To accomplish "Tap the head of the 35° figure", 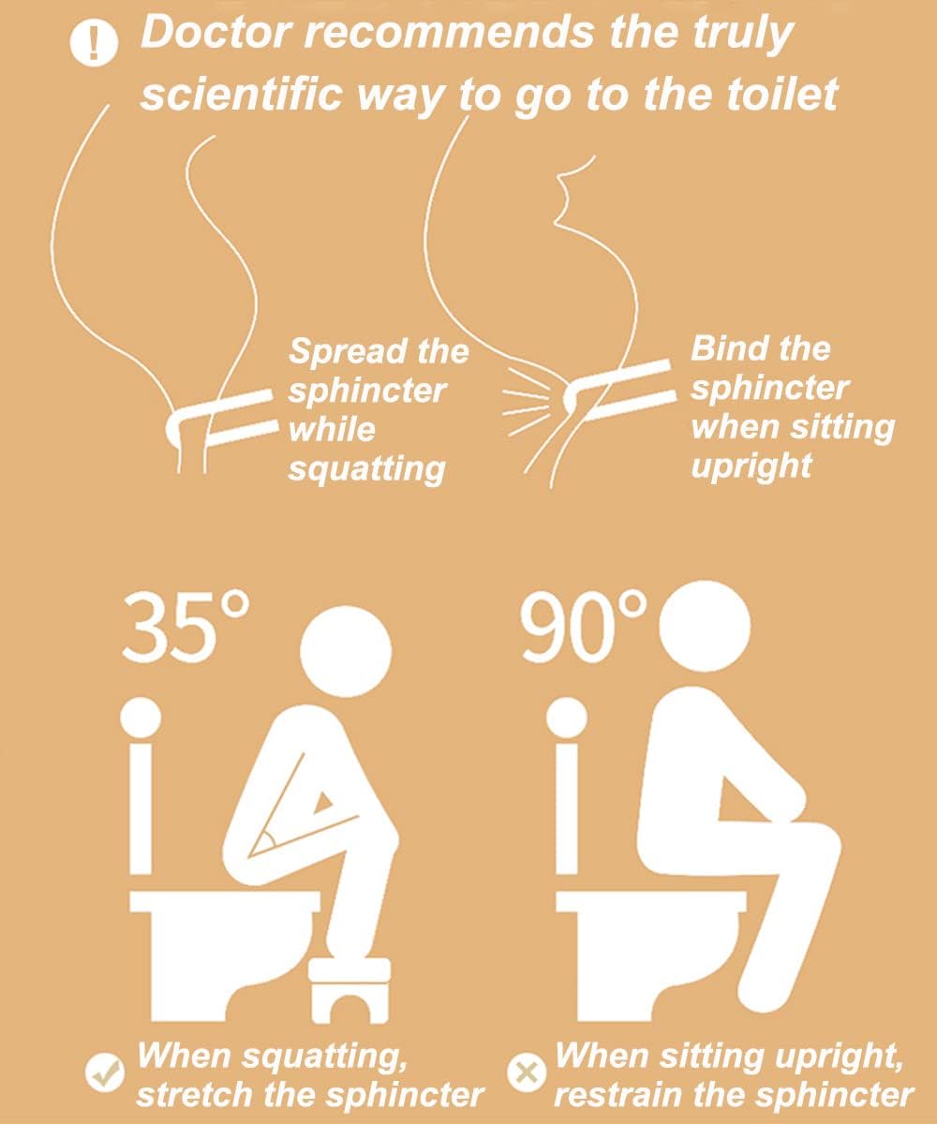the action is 346,652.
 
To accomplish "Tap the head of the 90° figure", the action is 705,626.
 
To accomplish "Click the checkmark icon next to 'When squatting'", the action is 104,1072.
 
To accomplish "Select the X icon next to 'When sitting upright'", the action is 528,1073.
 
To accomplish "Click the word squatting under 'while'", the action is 366,469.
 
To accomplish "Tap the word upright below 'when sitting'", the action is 751,466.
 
